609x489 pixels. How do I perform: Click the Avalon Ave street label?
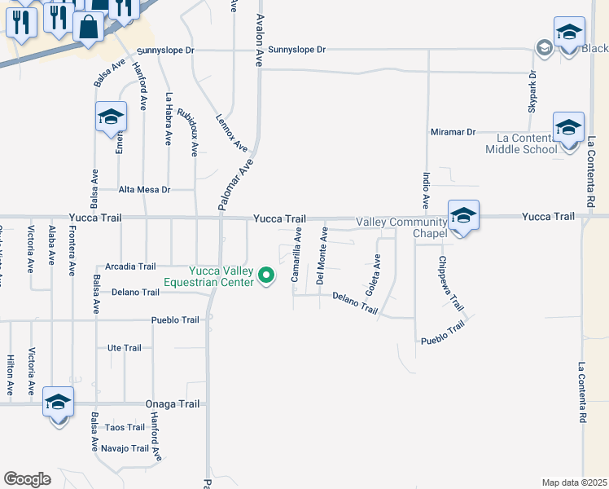tap(261, 40)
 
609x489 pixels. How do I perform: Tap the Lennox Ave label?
tap(231, 131)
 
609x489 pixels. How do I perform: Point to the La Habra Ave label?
tap(169, 119)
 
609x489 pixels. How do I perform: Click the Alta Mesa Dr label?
tap(144, 189)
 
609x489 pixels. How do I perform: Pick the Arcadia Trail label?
tap(130, 267)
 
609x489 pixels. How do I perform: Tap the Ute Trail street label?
tap(125, 348)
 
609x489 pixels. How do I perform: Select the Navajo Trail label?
tap(125, 448)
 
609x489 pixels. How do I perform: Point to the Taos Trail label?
tap(125, 427)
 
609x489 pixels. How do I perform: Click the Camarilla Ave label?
tap(298, 254)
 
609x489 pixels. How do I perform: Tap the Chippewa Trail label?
tap(450, 284)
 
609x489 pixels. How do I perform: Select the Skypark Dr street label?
tap(532, 95)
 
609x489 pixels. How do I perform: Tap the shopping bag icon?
tap(88, 26)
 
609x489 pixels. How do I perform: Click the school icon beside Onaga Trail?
tap(59, 403)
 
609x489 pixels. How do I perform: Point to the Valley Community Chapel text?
tap(401, 228)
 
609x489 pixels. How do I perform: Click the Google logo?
tap(27, 478)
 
